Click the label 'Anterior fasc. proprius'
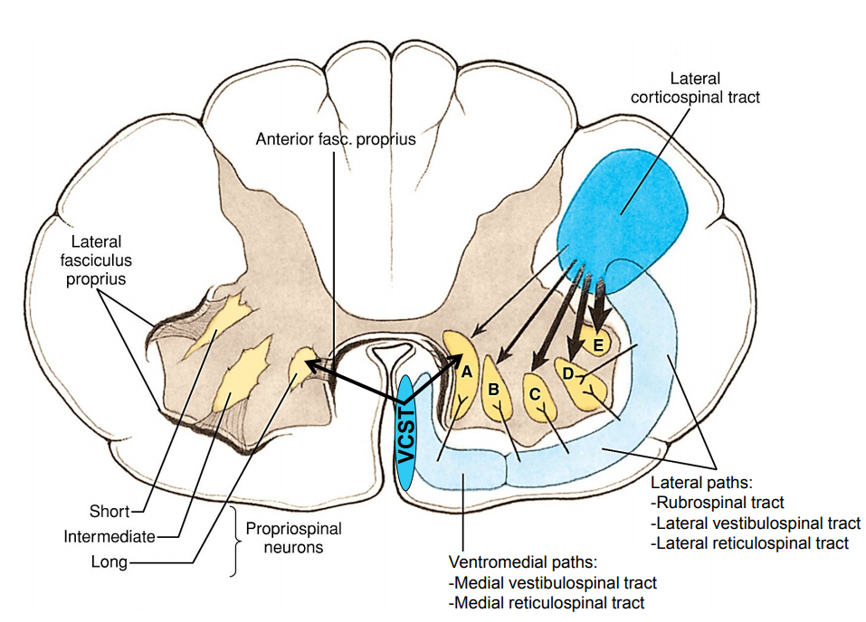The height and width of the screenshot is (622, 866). click(x=336, y=139)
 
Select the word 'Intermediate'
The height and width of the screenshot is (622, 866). click(x=109, y=537)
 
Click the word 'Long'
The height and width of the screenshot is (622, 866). click(x=109, y=562)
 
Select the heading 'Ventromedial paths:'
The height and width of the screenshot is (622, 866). click(x=524, y=561)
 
